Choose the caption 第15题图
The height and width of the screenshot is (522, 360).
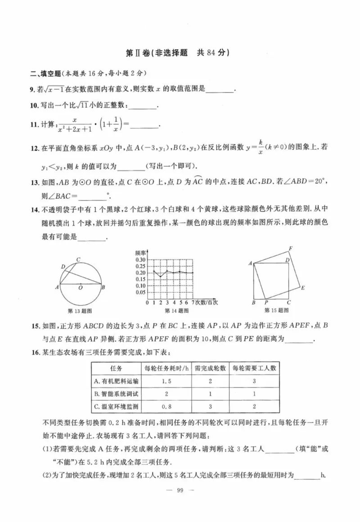pyautogui.click(x=276, y=310)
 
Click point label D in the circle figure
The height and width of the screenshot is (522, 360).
pyautogui.click(x=63, y=267)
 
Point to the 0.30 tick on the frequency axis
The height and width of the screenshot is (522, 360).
pyautogui.click(x=140, y=260)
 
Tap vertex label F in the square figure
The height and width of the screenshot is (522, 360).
pyautogui.click(x=291, y=249)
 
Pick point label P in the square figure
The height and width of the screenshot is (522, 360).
pyautogui.click(x=266, y=303)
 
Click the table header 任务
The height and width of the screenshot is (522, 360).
pyautogui.click(x=116, y=368)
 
